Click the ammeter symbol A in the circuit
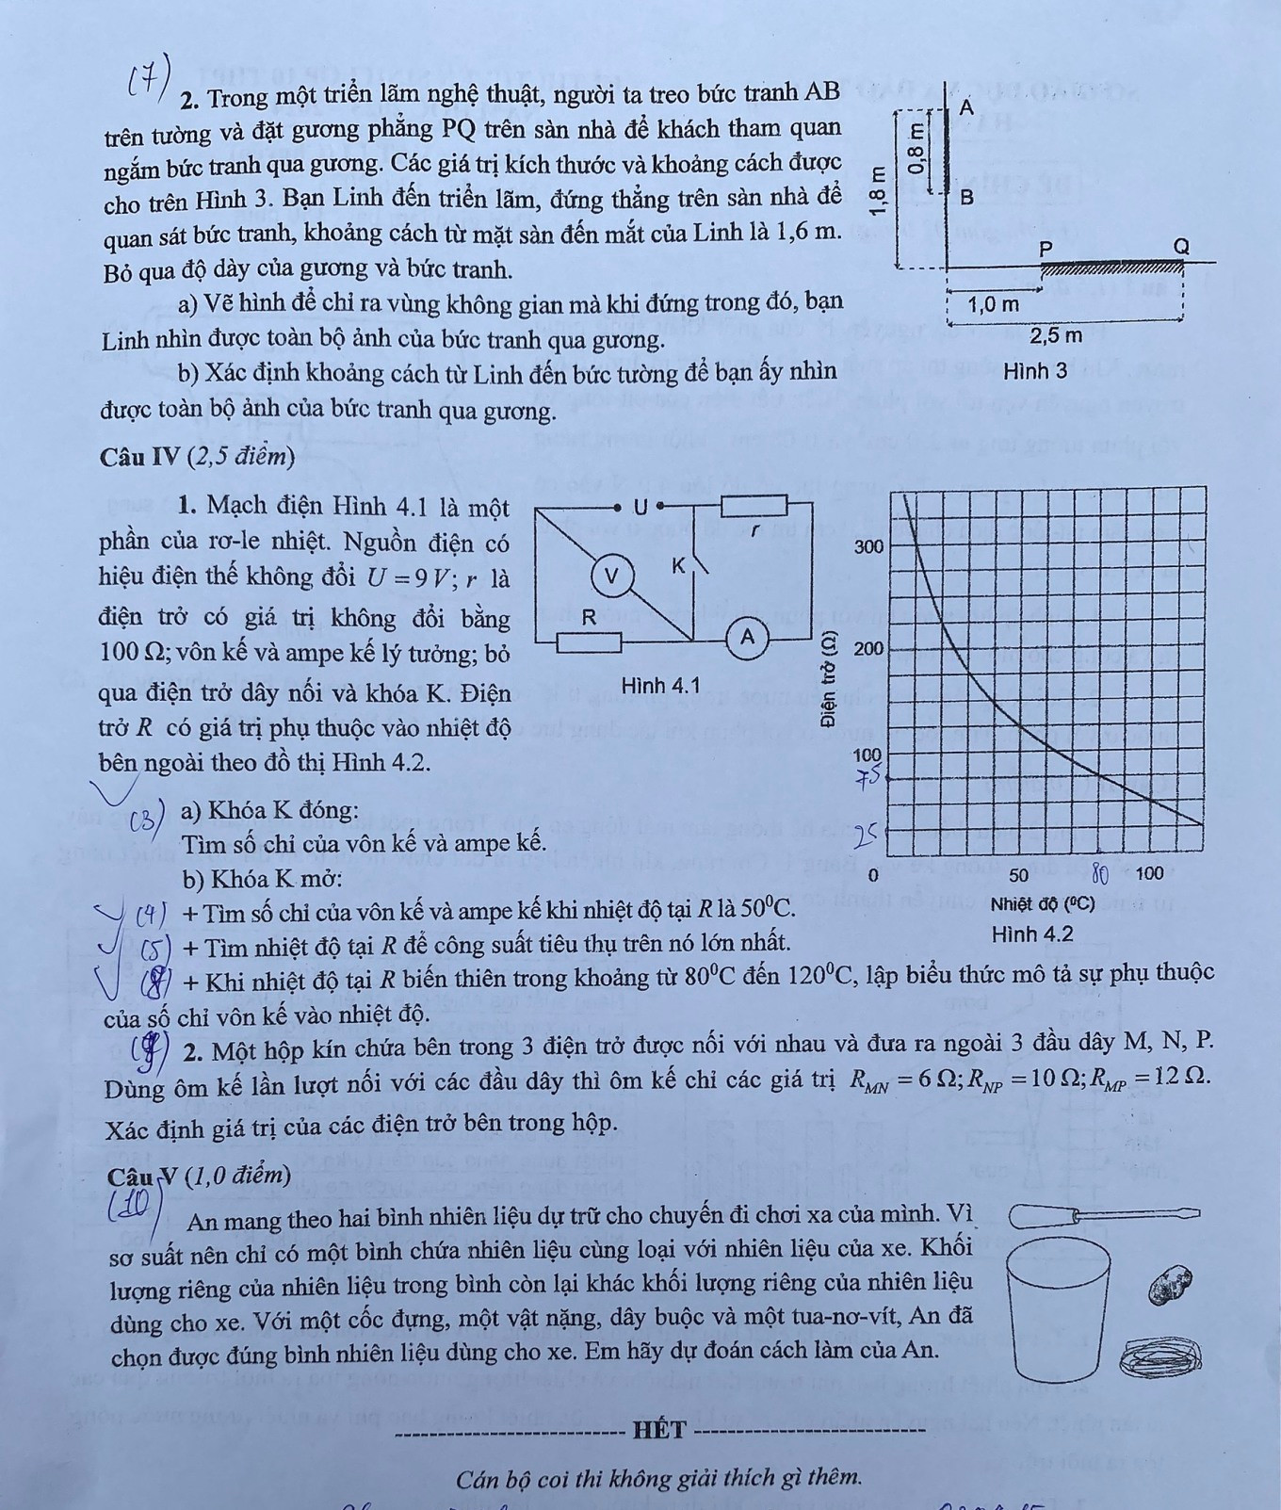point(747,638)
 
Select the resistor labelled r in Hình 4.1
point(754,506)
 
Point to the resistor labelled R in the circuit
point(589,643)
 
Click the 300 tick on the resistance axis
point(868,546)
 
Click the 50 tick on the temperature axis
point(1019,875)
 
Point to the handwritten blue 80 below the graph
point(1099,875)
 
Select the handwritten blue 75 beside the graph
point(867,778)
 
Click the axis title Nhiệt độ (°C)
point(1043,904)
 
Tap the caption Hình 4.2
point(1032,934)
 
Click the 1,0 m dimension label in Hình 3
point(994,305)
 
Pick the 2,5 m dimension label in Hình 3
point(1056,335)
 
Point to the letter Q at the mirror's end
point(1181,247)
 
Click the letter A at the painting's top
point(966,107)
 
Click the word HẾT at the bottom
point(659,1430)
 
